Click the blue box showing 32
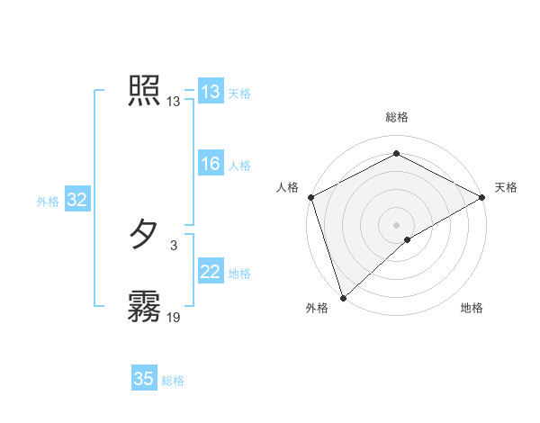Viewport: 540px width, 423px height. click(x=76, y=200)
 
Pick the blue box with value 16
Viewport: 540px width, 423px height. click(x=210, y=164)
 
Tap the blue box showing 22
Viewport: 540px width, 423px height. click(x=210, y=272)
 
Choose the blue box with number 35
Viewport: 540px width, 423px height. click(x=143, y=379)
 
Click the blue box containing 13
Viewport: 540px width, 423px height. click(x=210, y=92)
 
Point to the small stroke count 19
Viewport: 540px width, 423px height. click(x=174, y=317)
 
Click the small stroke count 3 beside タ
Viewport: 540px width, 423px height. click(x=174, y=244)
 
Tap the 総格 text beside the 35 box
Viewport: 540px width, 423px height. click(x=173, y=381)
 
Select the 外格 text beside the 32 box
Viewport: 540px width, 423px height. click(x=48, y=202)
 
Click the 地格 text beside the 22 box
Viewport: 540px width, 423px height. click(x=239, y=274)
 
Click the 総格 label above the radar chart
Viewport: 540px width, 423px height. click(x=396, y=117)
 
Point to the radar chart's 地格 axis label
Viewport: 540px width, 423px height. click(x=472, y=309)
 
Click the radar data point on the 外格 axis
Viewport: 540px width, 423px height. click(x=343, y=297)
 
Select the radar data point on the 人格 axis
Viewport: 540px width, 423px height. click(x=310, y=196)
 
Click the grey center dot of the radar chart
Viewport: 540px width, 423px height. click(x=396, y=224)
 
